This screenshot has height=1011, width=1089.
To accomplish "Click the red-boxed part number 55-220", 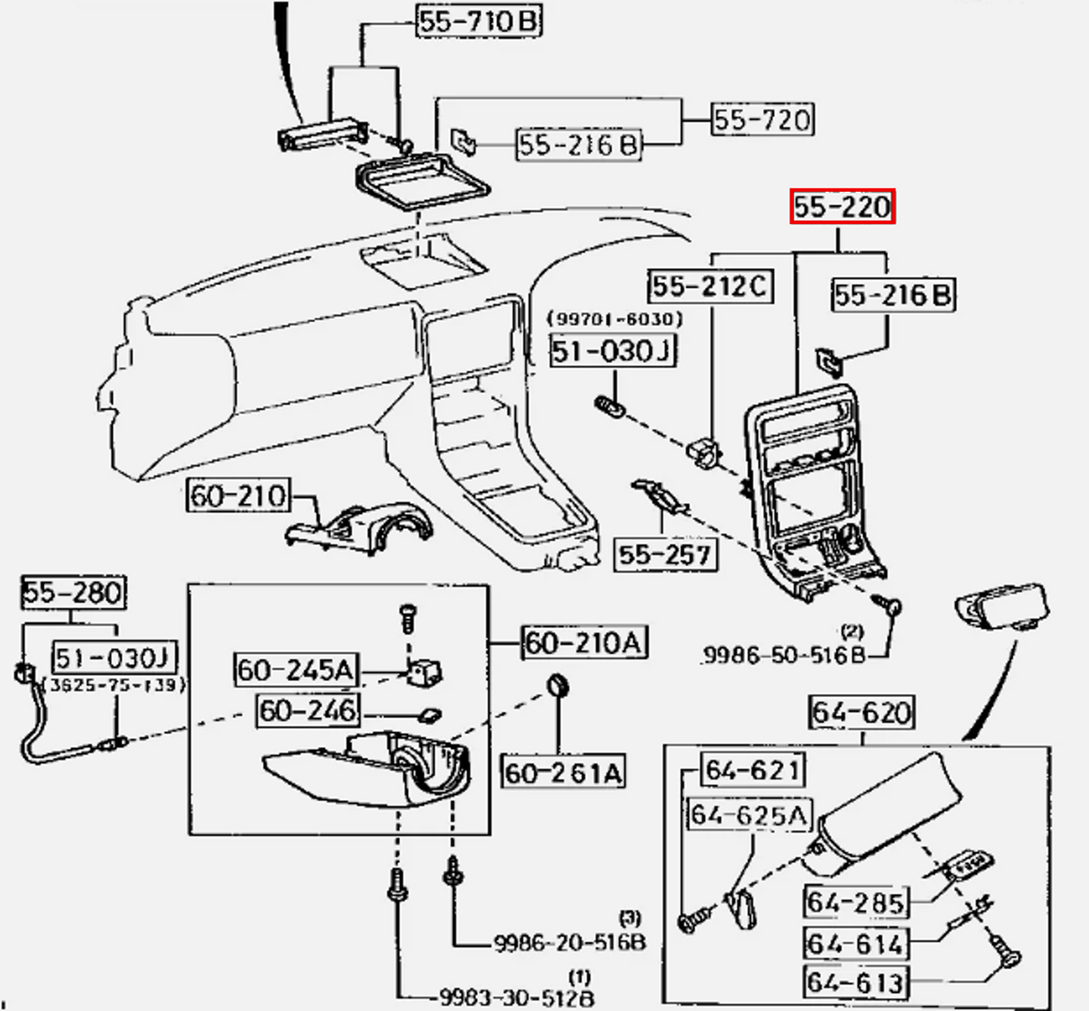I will click(x=841, y=207).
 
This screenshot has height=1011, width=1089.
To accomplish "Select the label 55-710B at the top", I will click(x=479, y=21).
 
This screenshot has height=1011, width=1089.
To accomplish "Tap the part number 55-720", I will click(x=762, y=119).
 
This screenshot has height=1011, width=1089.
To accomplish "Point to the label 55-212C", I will click(x=710, y=286).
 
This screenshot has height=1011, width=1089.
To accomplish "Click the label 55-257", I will click(x=665, y=554).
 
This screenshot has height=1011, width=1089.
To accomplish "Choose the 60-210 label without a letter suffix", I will click(x=238, y=495).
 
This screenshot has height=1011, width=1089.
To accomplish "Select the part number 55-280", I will click(x=73, y=592).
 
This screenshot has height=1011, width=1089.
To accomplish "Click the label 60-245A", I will click(x=295, y=669).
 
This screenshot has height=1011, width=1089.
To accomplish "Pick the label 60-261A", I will click(x=562, y=772).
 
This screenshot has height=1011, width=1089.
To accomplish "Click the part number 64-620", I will click(x=861, y=712).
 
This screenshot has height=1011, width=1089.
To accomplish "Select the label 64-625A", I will click(x=748, y=815).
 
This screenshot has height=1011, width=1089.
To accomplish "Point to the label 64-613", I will click(x=855, y=982).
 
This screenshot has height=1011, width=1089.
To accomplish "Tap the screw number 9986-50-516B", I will click(x=783, y=656).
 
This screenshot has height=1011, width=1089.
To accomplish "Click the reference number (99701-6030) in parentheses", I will click(x=615, y=318).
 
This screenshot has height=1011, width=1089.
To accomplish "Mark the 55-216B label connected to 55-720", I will click(x=579, y=144).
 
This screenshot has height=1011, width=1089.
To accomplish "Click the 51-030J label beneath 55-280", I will click(x=113, y=658).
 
